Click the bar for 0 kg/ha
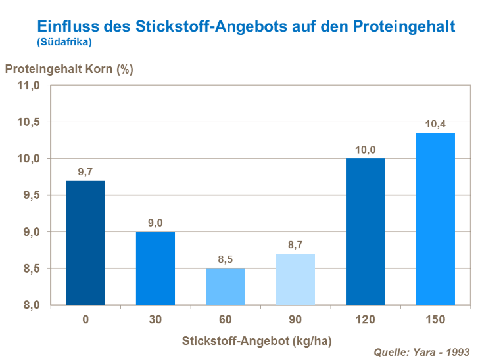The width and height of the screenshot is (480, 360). point(85,242)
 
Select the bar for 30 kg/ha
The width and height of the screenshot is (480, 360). point(155,268)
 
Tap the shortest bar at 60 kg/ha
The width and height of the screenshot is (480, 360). point(226,286)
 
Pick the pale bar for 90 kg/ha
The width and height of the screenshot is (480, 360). point(295,279)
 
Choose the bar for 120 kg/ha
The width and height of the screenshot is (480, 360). point(365,231)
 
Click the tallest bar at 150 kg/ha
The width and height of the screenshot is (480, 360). point(435,219)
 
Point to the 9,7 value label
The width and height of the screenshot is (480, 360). point(85,172)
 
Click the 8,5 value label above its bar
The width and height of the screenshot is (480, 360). point(226,259)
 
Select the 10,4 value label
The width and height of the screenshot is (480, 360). point(435,124)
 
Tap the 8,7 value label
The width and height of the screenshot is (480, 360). point(295,246)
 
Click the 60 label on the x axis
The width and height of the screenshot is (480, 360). point(226,320)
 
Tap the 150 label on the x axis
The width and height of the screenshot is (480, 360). point(435,320)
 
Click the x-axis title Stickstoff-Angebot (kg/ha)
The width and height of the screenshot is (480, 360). point(256,340)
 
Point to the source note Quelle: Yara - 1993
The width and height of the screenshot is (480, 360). point(422,352)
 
